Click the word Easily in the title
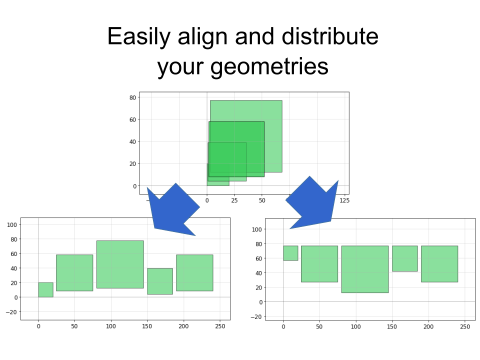138,37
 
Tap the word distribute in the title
330,36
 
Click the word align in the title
202,37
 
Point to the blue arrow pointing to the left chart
173,211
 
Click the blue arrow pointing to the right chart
312,203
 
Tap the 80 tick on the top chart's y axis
132,97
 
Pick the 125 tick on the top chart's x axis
344,200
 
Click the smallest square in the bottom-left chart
45,289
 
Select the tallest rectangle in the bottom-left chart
120,264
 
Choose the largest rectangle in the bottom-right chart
365,269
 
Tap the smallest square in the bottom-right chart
290,253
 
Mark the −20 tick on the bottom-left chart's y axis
12,312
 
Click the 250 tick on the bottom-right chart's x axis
464,326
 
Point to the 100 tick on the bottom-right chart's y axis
256,229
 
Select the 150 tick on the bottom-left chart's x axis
147,326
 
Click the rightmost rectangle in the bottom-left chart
194,273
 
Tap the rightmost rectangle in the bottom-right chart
439,264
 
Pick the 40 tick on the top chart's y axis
132,141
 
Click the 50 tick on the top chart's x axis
262,200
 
